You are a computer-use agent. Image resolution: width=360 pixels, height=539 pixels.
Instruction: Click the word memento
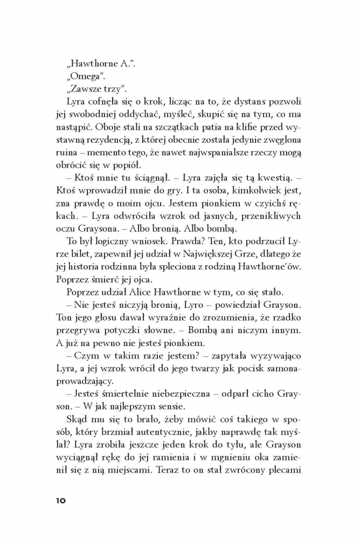(102, 154)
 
